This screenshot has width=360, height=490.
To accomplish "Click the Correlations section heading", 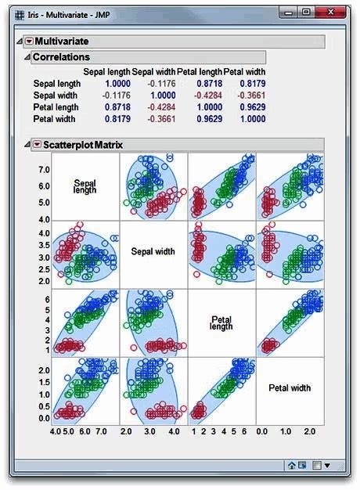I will click(61, 57).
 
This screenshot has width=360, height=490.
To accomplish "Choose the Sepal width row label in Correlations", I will click(55, 95).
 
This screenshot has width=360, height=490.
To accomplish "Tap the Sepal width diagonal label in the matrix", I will click(153, 252).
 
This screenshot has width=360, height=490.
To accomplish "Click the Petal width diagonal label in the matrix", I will click(290, 387).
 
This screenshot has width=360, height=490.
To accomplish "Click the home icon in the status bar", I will click(291, 465).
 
